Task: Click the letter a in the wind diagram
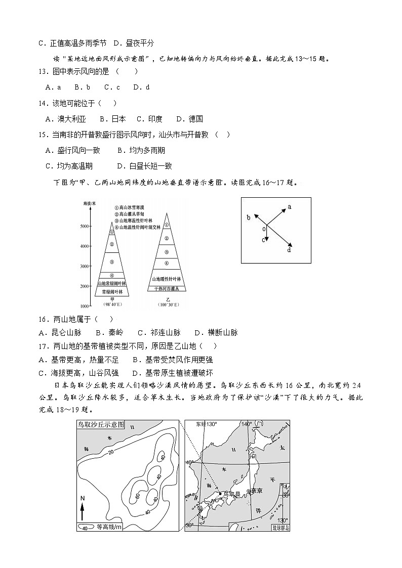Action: click(290, 206)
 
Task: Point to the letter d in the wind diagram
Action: click(289, 250)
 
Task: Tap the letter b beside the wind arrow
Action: click(249, 217)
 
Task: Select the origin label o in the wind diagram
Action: click(263, 229)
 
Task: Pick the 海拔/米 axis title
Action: click(90, 203)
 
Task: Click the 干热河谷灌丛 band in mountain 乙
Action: click(167, 288)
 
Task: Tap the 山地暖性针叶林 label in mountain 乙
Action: click(167, 279)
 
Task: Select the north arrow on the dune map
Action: click(82, 508)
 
